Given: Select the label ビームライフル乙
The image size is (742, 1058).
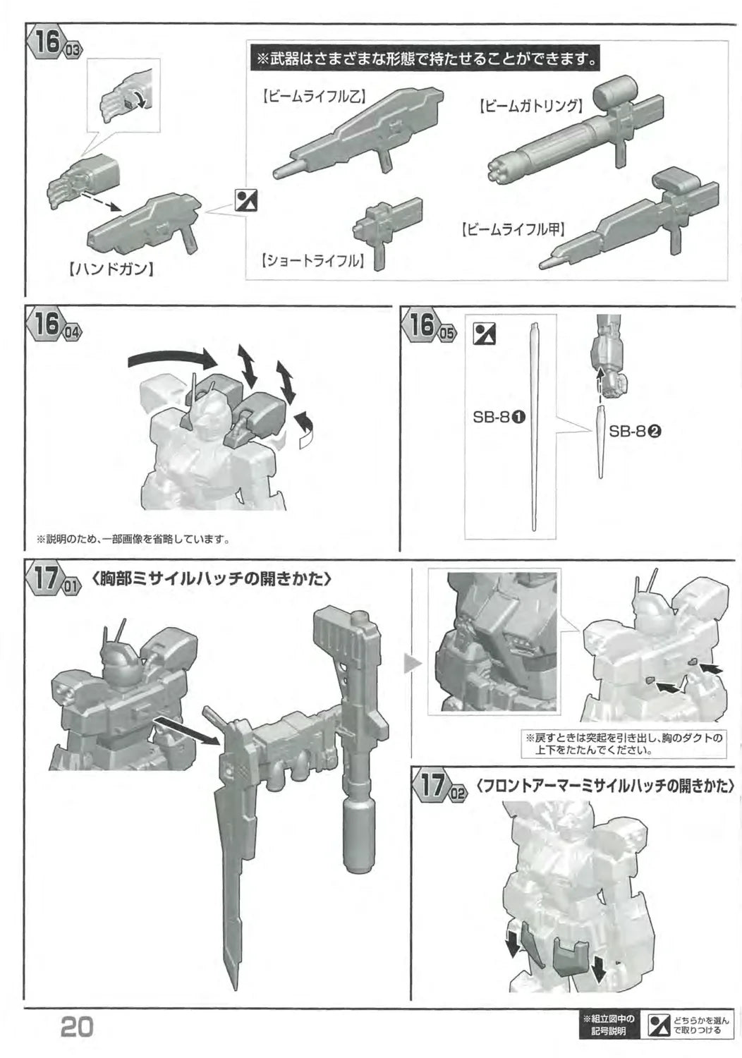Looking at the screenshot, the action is [x=313, y=97].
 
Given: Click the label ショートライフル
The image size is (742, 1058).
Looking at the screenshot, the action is [x=313, y=261].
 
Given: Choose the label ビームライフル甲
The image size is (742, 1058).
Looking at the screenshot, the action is [x=512, y=229].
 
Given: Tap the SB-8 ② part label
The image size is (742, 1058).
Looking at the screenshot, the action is [x=635, y=431].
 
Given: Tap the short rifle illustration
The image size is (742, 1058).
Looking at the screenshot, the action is [x=387, y=231].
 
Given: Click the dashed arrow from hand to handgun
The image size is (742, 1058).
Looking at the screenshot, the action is [x=99, y=200].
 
